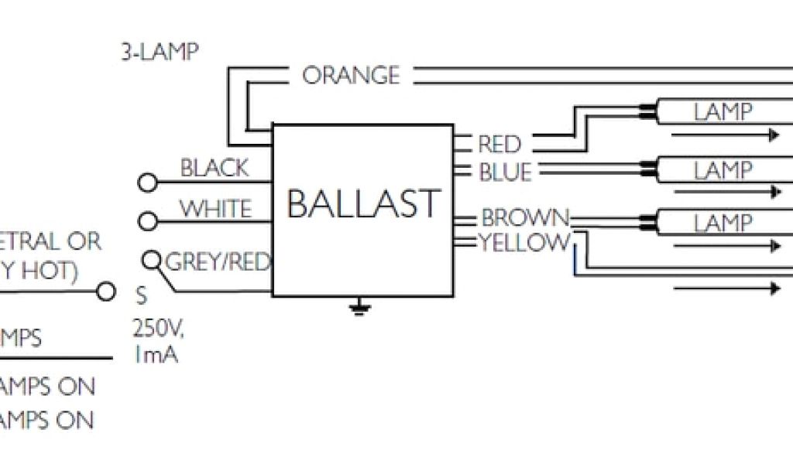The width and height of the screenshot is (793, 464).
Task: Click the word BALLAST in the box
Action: pos(363,203)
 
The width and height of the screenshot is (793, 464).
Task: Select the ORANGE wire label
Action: pos(351,76)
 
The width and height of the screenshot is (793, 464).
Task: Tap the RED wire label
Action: pos(499,144)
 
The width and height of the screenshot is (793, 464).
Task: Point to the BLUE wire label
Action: pos(506,172)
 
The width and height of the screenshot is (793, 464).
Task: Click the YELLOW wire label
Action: pos(524,243)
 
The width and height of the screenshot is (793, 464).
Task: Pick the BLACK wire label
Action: pos(215,168)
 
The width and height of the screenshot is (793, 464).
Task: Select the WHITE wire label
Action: pos(216,209)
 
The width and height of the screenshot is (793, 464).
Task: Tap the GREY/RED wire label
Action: pos(218,262)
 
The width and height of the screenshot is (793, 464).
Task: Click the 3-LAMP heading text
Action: pos(158,53)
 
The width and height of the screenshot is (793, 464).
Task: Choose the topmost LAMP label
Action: pos(723,112)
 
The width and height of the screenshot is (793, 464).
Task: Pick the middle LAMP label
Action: pos(723,170)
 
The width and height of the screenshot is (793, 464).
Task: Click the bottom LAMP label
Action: pos(723,223)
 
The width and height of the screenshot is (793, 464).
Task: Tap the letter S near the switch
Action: pos(141,295)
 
